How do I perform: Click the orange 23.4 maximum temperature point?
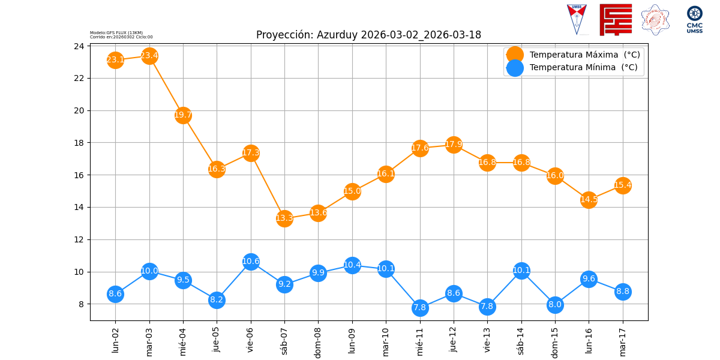pos(149,56)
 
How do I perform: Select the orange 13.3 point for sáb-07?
pos(284,218)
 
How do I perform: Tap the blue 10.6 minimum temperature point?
pos(251,262)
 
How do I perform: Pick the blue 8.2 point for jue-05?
pos(217,300)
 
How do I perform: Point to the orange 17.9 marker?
pos(454,145)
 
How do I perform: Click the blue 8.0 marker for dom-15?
pos(555,305)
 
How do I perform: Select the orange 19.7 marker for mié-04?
pos(183,115)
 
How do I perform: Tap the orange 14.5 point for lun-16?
pos(589,200)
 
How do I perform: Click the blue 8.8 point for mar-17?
pos(623,292)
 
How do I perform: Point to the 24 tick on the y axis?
pos(79,46)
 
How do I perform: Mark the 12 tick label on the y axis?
pos(79,240)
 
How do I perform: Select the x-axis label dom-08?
pos(318,343)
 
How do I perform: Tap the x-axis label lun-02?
pos(115,340)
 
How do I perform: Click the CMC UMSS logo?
pos(695,20)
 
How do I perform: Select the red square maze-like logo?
pos(616,20)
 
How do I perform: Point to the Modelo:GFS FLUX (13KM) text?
pos(116,32)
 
